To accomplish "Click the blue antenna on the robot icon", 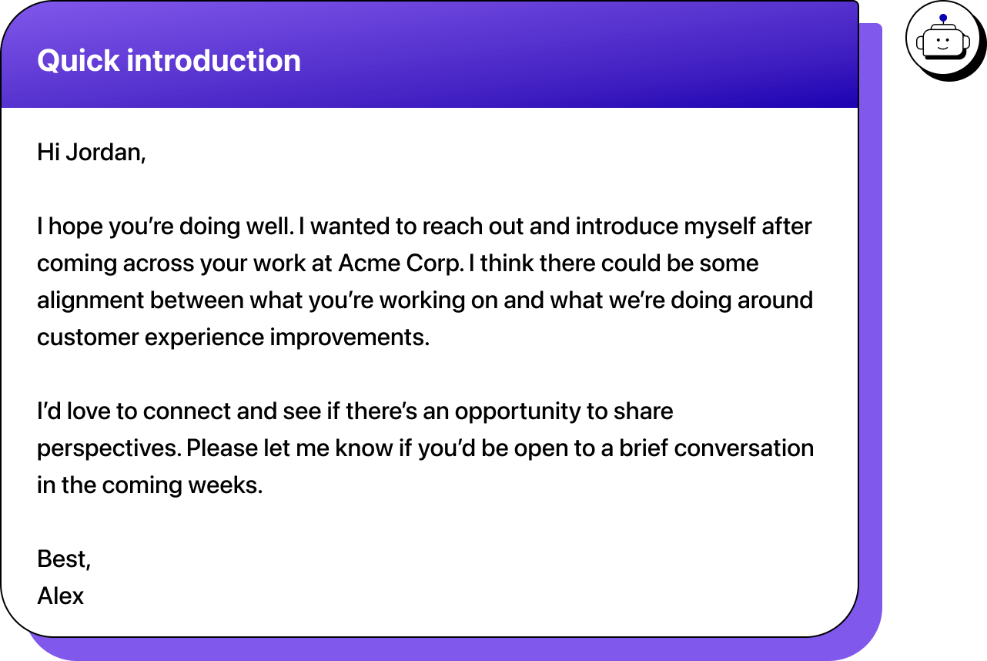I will pyautogui.click(x=943, y=18).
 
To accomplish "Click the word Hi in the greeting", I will pyautogui.click(x=48, y=153).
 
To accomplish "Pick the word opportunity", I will pyautogui.click(x=518, y=412).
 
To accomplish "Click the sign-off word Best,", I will pyautogui.click(x=64, y=559).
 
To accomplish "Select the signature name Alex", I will pyautogui.click(x=61, y=596).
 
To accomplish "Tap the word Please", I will pyautogui.click(x=222, y=448).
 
